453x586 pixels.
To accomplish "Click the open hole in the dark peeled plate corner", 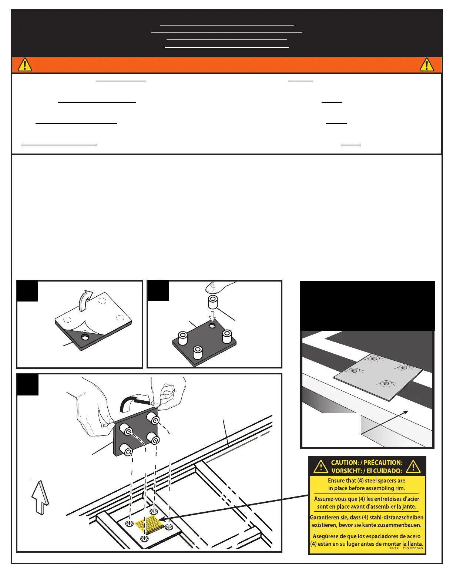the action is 85,337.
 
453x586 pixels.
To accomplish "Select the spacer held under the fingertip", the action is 213,302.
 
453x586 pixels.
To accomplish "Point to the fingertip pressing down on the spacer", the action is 218,286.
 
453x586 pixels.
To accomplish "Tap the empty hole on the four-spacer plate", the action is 212,326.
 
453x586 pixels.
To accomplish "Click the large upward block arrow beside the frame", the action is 40,497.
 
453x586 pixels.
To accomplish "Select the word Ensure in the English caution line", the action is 336,481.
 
